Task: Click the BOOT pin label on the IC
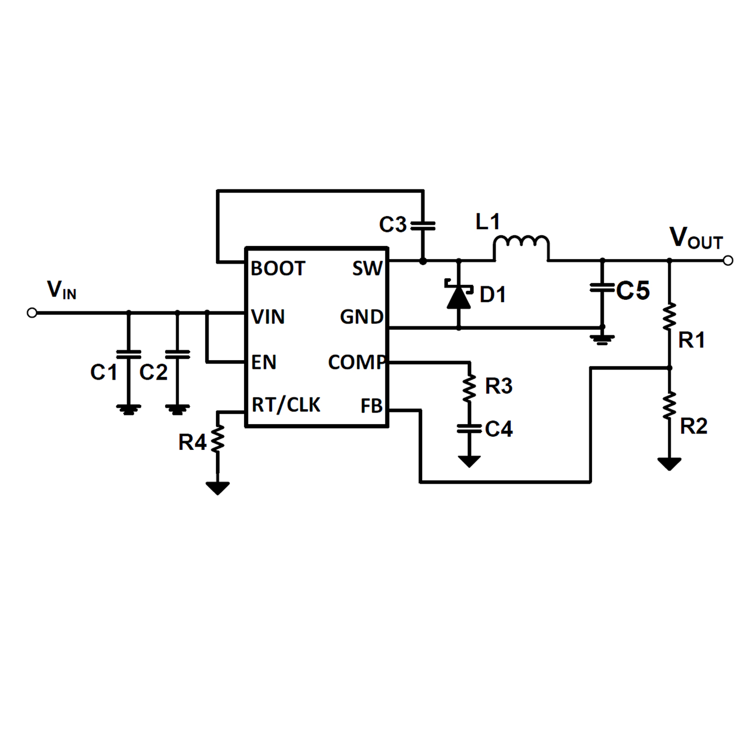click(x=278, y=268)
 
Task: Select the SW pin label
click(x=367, y=268)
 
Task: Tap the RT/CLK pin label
click(x=286, y=404)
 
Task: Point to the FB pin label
click(x=371, y=406)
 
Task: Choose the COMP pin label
click(x=357, y=362)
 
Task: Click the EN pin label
click(x=264, y=362)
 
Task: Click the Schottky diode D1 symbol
click(x=459, y=295)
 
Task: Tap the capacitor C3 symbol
click(x=423, y=226)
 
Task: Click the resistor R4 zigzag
click(x=217, y=439)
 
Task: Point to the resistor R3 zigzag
click(x=469, y=387)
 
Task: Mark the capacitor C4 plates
click(x=469, y=429)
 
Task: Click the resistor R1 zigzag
click(x=669, y=317)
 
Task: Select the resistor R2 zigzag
click(x=669, y=406)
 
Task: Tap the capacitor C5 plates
click(x=602, y=288)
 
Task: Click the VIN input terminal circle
click(x=32, y=313)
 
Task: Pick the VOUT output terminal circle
click(x=728, y=261)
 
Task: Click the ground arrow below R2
click(x=669, y=464)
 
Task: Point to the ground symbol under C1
click(x=129, y=409)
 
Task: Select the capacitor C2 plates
click(x=178, y=354)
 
